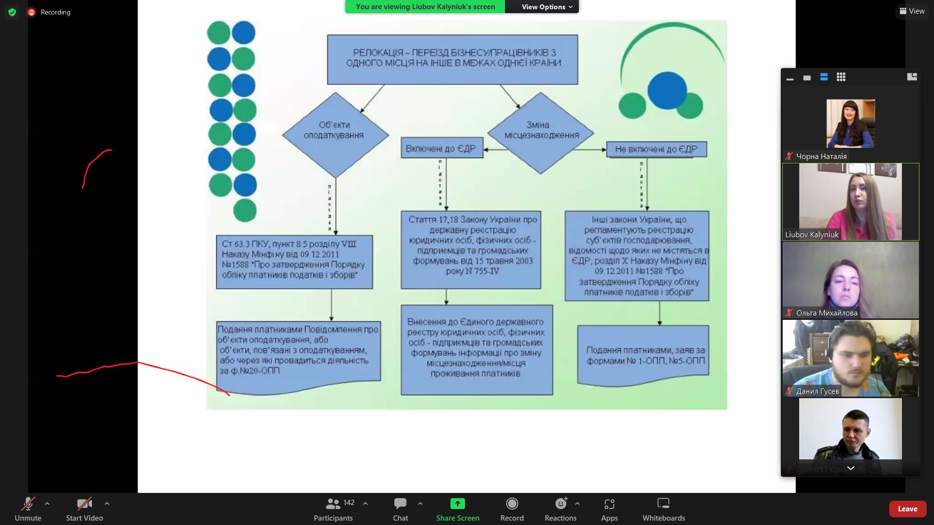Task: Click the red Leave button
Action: point(907,508)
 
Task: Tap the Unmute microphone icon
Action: point(28,504)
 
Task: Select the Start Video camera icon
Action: point(84,504)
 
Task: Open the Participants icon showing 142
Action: point(334,504)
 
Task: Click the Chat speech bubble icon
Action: point(400,504)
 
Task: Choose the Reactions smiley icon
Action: point(561,504)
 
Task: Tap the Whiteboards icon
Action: point(663,504)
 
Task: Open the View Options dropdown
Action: point(547,7)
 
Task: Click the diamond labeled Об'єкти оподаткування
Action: point(335,135)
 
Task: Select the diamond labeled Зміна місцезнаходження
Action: point(540,133)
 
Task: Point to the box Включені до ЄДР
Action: point(442,148)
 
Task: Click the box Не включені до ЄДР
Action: point(656,149)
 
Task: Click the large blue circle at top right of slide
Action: point(667,90)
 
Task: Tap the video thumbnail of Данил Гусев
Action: point(850,358)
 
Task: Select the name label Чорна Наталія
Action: point(821,157)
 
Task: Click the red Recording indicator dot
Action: point(32,12)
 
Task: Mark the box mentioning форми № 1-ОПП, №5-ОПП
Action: point(643,355)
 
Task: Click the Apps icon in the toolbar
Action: point(609,504)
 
